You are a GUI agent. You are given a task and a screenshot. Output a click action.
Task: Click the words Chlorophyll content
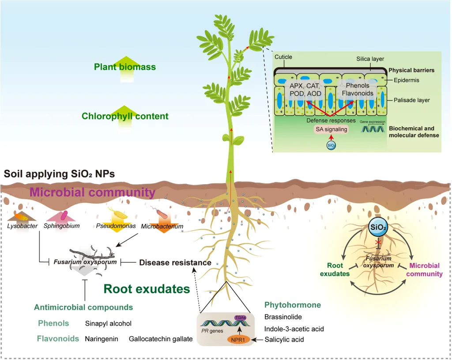coord(125,116)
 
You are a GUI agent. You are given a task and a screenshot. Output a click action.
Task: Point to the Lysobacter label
coord(22,226)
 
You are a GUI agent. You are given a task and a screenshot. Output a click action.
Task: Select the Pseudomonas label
coord(113,226)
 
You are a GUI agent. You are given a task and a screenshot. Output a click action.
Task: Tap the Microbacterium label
coord(162,227)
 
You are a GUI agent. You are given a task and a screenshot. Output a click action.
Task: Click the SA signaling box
coord(331,129)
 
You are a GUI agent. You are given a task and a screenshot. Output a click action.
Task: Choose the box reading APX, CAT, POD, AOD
coord(303,90)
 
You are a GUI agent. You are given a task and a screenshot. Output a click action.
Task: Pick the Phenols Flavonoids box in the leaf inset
coord(358,89)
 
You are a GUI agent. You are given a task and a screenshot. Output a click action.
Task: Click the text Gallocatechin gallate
coord(161,339)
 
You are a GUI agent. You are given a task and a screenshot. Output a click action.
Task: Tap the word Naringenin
coord(101,339)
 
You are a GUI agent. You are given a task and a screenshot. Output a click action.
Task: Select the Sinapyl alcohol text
coord(108,323)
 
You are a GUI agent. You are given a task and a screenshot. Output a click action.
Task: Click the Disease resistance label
coord(175,262)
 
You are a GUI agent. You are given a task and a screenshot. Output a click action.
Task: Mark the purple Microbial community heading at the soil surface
coord(92,193)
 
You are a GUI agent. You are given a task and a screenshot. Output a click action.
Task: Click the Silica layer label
coord(370,59)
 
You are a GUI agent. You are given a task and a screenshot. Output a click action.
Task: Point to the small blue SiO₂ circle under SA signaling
coord(331,144)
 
